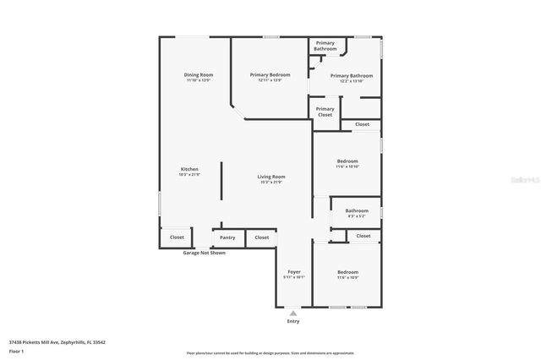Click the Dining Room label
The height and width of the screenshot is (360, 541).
[x=199, y=75]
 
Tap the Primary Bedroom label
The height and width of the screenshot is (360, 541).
[x=270, y=75]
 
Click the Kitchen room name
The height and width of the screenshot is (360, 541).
[x=189, y=170]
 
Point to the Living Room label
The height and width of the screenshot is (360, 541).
[x=271, y=177]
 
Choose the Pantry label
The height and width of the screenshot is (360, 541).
[x=227, y=237]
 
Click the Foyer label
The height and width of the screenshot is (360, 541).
[x=294, y=272]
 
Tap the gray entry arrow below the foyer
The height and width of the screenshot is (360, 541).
[x=293, y=313]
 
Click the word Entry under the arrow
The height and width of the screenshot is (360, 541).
[x=293, y=322]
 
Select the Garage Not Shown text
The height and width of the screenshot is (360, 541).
[x=204, y=253]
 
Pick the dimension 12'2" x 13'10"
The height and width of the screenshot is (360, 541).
[x=351, y=81]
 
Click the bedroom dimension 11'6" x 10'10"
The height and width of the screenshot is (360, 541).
[x=347, y=166]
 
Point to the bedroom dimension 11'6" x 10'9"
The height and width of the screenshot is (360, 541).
[x=347, y=277]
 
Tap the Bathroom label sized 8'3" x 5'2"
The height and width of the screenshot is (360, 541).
[x=356, y=210]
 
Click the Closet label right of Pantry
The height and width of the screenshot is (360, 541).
[x=262, y=237]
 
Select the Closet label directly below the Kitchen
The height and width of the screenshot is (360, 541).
[x=177, y=237]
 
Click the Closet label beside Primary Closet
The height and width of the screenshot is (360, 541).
[x=362, y=124]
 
